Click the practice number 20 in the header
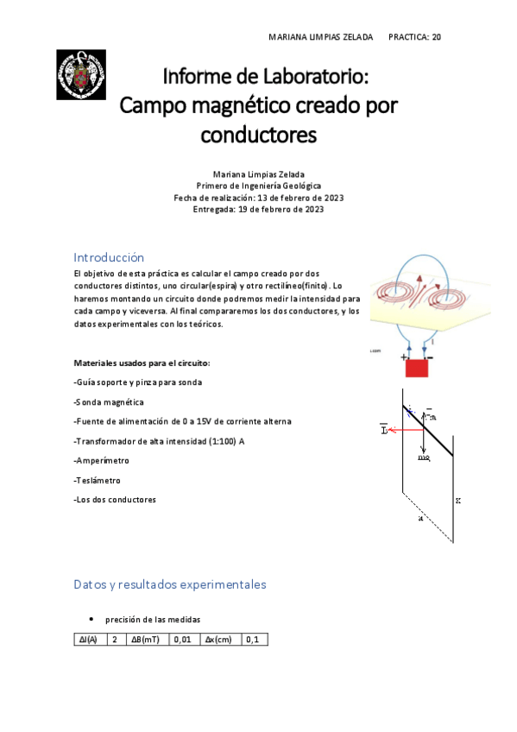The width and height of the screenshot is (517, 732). [437, 37]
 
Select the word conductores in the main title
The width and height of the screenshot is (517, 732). [259, 135]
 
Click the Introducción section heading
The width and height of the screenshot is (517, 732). [109, 257]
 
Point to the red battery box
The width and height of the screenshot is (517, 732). [417, 367]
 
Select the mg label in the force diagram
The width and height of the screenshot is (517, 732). [424, 458]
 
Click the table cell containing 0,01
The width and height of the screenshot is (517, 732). [182, 640]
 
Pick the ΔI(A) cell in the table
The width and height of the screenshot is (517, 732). [88, 640]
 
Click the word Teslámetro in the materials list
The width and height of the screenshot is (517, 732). [98, 480]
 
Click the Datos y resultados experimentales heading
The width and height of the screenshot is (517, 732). [170, 584]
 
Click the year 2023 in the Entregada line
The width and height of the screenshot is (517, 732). [309, 209]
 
